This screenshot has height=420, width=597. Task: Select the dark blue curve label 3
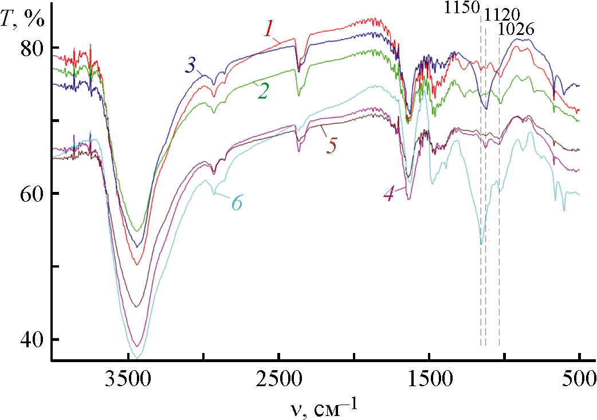191,66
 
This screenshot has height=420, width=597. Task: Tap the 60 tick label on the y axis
32,194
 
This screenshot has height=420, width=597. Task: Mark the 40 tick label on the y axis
32,340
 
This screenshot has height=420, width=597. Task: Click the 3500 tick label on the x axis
128,382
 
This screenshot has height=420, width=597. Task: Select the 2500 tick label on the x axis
278,382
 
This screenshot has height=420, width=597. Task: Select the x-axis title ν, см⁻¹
324,407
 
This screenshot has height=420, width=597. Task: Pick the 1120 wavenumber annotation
502,14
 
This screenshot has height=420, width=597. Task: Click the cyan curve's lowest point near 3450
136,358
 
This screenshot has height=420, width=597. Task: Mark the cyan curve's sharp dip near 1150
481,244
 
